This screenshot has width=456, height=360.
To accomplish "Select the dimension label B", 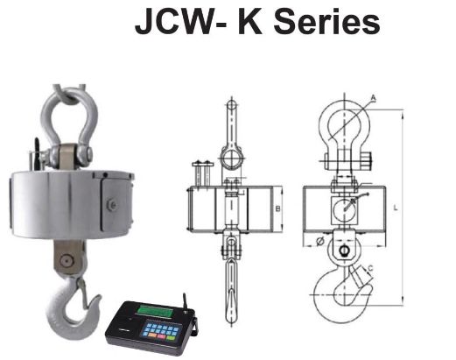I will coord(277,209).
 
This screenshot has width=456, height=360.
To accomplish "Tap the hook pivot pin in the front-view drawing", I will coord(345,252).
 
